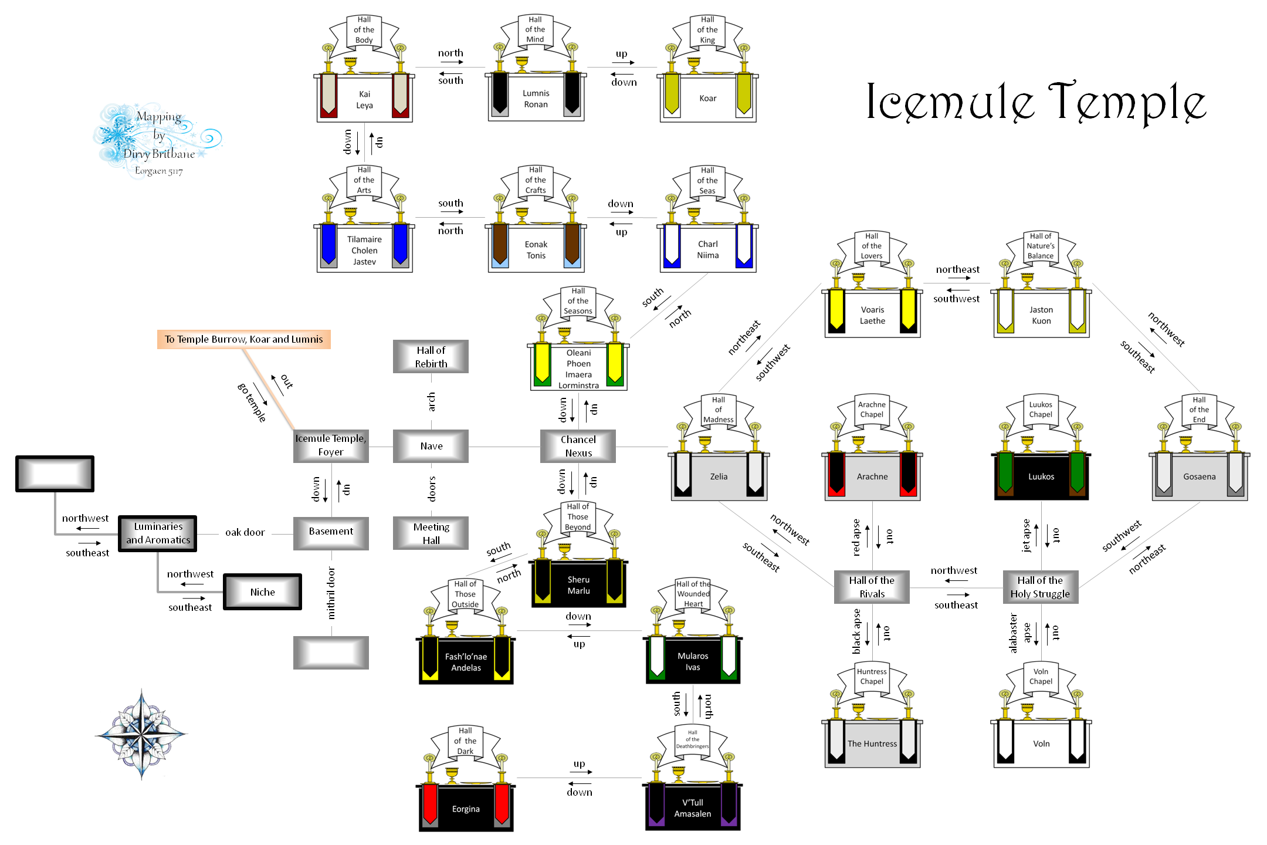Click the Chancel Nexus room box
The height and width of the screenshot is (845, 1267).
[x=578, y=446]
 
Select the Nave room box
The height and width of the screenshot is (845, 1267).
[x=431, y=446]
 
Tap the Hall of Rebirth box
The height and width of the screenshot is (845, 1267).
[x=431, y=357]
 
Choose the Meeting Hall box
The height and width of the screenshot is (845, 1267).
[x=431, y=533]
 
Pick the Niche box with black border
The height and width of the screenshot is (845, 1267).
[x=262, y=592]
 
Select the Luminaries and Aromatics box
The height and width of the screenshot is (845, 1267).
[x=158, y=533]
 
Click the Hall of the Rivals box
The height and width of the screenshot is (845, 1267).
[x=872, y=587]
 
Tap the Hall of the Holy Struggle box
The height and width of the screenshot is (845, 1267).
[x=1040, y=587]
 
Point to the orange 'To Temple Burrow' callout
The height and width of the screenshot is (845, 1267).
[x=243, y=339]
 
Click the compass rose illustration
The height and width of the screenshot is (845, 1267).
[x=141, y=734]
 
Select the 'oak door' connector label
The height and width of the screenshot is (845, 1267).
[x=245, y=533]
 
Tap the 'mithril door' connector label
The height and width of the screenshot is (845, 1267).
[x=331, y=593]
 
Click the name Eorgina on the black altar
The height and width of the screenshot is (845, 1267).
[x=466, y=809]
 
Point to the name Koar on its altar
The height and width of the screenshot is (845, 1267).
[x=707, y=99]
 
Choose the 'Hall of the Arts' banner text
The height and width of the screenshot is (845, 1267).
[x=364, y=180]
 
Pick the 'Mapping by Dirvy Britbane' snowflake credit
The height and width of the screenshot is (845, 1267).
[x=157, y=141]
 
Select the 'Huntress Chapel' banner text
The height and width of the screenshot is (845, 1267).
[x=872, y=677]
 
